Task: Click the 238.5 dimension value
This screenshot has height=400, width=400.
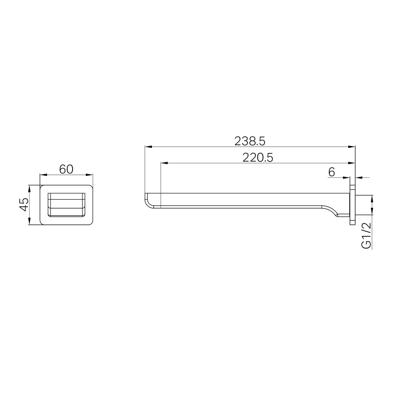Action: (x=250, y=141)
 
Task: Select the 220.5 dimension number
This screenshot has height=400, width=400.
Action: (x=258, y=157)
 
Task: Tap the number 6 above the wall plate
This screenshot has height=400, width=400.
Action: (x=331, y=172)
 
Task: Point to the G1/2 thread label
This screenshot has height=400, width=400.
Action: (x=366, y=236)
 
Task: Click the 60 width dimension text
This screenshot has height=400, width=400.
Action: (x=66, y=169)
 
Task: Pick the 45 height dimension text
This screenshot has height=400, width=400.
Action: (x=24, y=204)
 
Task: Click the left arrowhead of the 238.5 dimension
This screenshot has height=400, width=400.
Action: (x=148, y=147)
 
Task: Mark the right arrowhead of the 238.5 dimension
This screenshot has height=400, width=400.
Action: (x=351, y=147)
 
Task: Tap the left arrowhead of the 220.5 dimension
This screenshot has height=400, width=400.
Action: (x=164, y=163)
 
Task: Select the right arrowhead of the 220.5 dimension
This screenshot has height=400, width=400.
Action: (x=351, y=163)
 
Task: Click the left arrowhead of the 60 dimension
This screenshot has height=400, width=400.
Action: (x=43, y=175)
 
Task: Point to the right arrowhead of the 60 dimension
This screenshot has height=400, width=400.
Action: (x=89, y=175)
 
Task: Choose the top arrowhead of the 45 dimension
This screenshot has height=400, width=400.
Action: (x=29, y=188)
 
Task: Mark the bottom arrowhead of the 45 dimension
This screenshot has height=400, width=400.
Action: (x=29, y=221)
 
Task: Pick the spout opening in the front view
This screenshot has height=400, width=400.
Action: (x=66, y=204)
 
